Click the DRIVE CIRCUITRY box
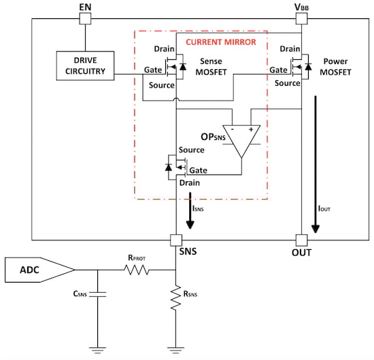86,65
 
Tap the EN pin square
84,19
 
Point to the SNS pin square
176,240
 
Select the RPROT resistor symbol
138,270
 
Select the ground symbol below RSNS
176,348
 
